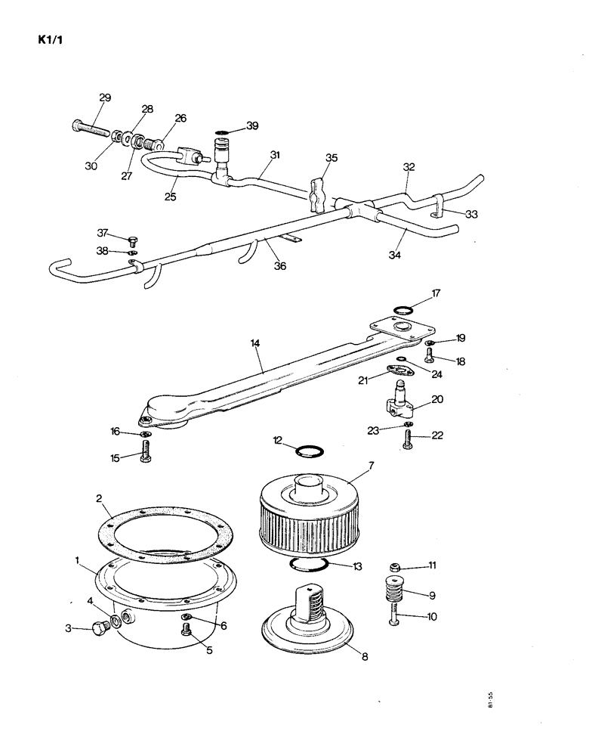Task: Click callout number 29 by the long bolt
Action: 104,98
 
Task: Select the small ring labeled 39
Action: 223,132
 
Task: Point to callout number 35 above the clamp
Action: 332,158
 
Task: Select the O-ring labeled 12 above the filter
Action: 310,452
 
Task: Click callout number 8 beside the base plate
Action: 365,657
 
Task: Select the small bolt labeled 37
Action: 134,240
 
